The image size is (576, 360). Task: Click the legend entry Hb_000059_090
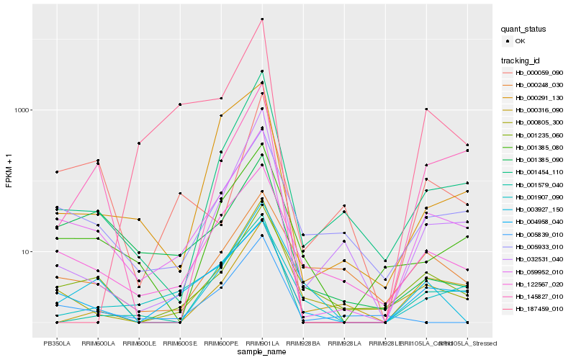tap(538, 73)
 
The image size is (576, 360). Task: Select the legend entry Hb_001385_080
tap(538, 148)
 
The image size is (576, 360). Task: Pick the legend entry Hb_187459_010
tap(538, 309)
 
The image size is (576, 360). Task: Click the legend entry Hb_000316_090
tap(538, 110)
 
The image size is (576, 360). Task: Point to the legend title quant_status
tap(526, 29)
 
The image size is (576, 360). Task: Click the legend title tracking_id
tap(521, 60)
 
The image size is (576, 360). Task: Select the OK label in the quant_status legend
tap(521, 42)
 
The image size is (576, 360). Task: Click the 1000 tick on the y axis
tap(24, 110)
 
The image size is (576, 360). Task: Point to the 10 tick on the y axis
tap(28, 252)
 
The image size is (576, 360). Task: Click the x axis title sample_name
tap(262, 351)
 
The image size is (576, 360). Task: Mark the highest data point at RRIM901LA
tap(262, 19)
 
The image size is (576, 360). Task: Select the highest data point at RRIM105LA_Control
tap(426, 109)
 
